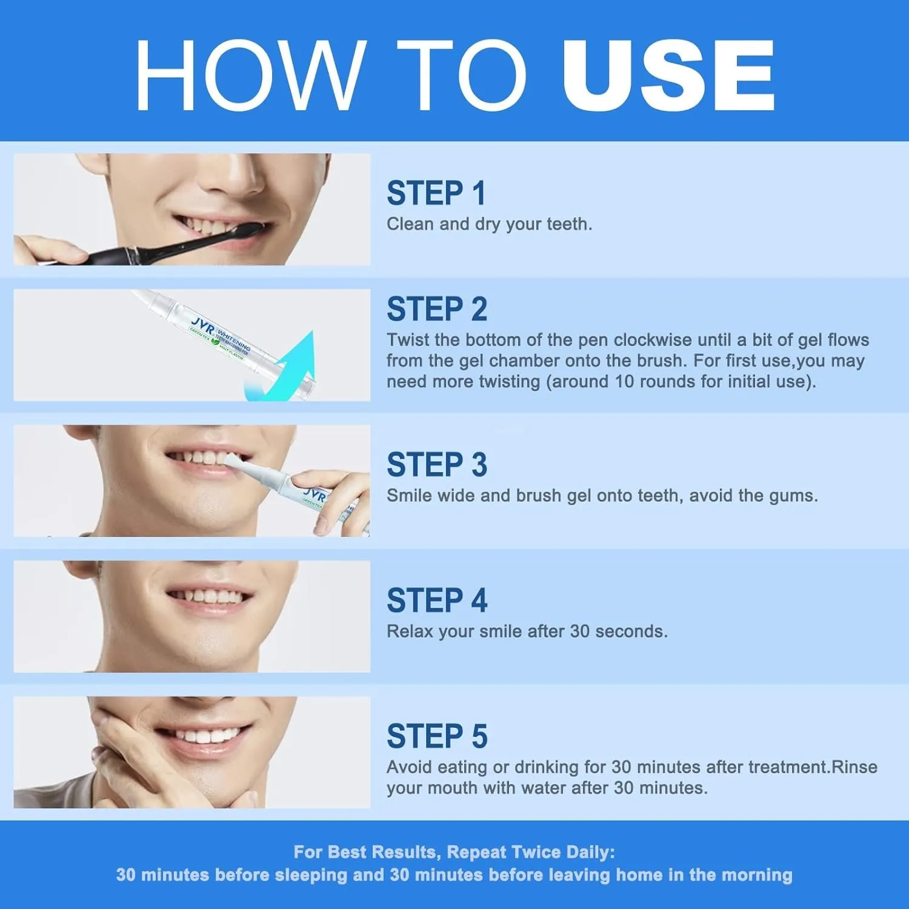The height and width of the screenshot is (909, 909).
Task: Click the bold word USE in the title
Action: point(668,76)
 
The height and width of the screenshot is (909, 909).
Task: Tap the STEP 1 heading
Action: point(436,194)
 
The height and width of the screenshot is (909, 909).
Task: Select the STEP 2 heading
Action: point(437,310)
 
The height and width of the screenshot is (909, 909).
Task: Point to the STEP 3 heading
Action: point(437,465)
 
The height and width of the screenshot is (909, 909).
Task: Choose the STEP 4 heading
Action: point(437,601)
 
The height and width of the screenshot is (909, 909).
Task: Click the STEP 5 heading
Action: point(437,737)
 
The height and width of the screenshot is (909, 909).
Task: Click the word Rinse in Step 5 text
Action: point(854,767)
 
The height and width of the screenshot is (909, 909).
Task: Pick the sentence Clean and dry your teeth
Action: point(489,224)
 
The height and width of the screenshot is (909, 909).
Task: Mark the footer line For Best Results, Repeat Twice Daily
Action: point(454,852)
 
